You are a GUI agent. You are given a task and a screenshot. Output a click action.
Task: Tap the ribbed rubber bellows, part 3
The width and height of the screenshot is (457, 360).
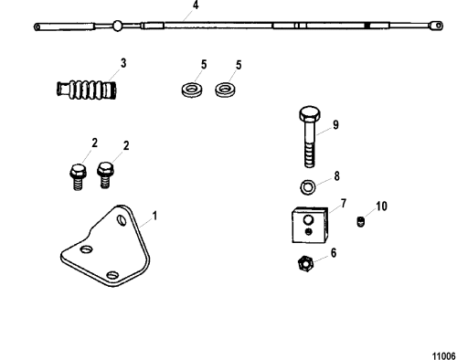tap(87, 90)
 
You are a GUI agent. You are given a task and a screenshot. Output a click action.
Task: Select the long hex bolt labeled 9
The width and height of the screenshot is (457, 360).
tap(310, 137)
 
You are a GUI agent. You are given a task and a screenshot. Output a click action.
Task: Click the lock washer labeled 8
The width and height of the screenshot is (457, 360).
tap(308, 187)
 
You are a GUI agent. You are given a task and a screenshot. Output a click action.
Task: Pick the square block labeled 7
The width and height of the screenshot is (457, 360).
tap(310, 226)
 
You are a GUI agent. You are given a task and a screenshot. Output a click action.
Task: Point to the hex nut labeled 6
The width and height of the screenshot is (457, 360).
tap(305, 264)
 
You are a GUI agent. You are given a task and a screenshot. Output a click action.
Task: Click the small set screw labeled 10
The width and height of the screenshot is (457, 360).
tap(360, 221)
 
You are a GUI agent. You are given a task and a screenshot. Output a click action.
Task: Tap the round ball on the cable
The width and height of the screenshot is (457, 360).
tap(117, 26)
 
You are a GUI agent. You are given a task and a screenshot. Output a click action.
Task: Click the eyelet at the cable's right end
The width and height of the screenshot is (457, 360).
tap(436, 26)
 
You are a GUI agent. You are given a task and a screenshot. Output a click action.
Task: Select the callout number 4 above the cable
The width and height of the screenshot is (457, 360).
tap(196, 5)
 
